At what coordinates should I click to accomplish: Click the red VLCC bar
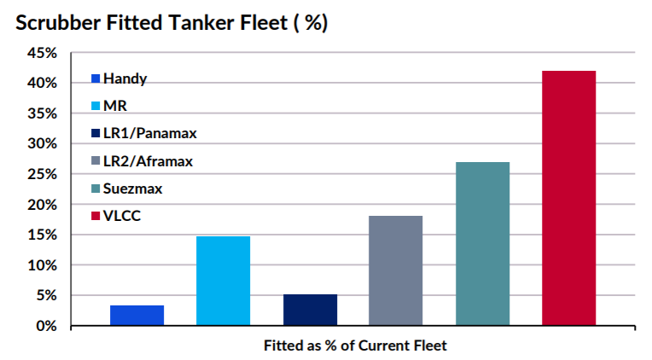coord(568,198)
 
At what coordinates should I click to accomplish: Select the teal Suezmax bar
coord(482,243)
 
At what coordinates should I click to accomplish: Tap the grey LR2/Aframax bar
coord(395,270)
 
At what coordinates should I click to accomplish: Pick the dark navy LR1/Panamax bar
coord(310,310)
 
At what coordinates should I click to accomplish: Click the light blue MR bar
coord(223,281)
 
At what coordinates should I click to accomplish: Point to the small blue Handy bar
coord(137,315)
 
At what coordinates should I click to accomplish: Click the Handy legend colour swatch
coord(96,79)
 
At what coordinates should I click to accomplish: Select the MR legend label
coord(114,107)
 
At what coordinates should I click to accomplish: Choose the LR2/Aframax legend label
coord(148,161)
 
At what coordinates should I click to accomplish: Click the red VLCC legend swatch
coord(96,216)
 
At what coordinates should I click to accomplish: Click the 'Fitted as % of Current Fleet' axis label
coord(355,345)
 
